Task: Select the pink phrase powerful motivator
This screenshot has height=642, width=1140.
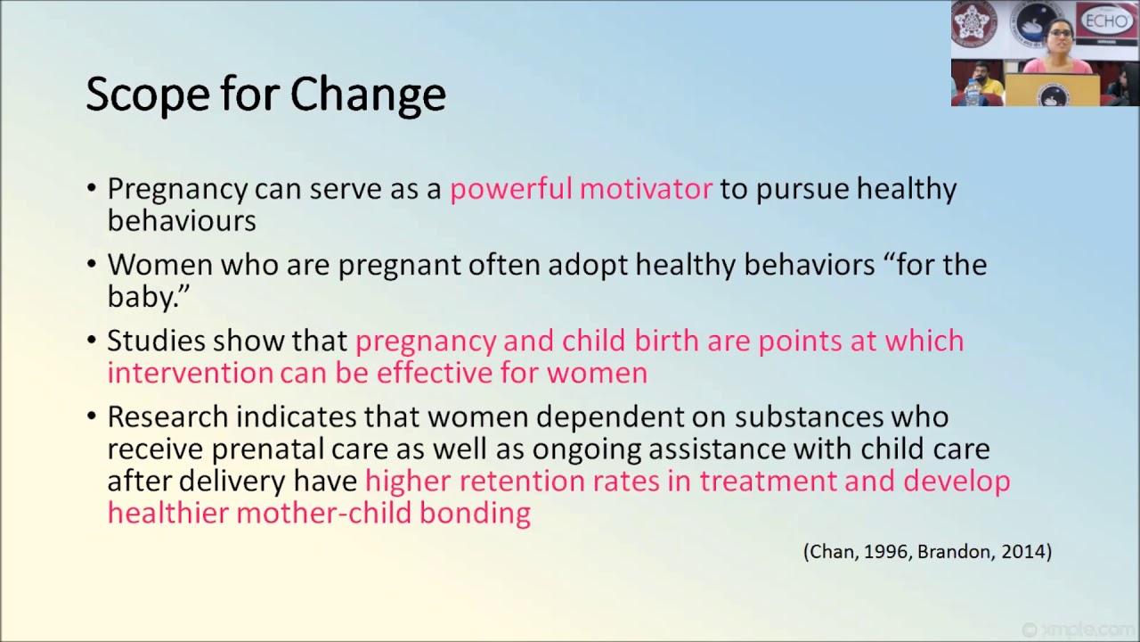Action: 581,189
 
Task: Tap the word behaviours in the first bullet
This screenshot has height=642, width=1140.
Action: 182,220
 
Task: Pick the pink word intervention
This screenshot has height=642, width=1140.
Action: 190,372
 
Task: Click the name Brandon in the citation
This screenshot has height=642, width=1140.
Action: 955,552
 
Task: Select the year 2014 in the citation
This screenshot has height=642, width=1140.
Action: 1022,552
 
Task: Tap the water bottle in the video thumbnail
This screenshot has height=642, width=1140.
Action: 972,92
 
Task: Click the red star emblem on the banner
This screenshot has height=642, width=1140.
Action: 973,21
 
